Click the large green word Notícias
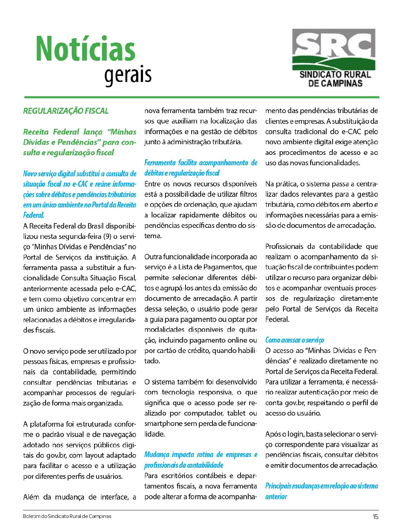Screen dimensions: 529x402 (x=85, y=49)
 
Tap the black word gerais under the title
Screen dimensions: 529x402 (x=128, y=75)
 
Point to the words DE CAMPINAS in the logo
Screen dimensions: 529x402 (x=335, y=83)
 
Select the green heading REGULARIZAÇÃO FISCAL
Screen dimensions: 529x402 (x=66, y=111)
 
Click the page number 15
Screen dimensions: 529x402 (x=375, y=517)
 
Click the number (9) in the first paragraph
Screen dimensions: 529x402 (x=96, y=237)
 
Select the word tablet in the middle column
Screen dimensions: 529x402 (x=237, y=413)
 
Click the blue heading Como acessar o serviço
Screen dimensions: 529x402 (x=295, y=340)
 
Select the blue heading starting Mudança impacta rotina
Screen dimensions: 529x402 (x=201, y=460)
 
